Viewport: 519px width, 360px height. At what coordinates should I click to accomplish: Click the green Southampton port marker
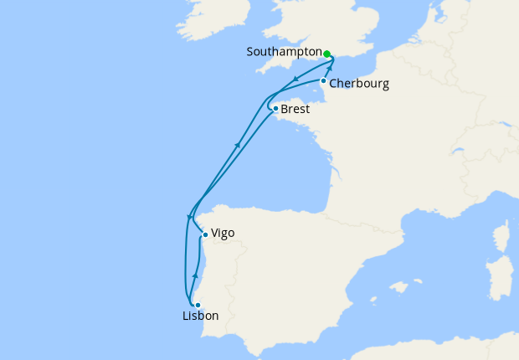[x=327, y=53]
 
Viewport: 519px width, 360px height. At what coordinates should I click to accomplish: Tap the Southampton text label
[x=284, y=52]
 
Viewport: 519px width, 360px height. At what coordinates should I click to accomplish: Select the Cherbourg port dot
[x=323, y=80]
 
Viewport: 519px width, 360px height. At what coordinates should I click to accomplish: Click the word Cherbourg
[x=359, y=84]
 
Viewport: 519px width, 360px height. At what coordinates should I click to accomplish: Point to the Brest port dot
[x=275, y=108]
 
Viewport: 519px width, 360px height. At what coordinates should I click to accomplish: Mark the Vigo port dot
[x=205, y=235]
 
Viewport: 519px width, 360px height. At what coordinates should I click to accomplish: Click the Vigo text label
[x=224, y=234]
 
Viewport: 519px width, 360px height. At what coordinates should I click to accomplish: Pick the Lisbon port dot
[x=198, y=305]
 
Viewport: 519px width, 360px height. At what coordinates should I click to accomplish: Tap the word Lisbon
[x=200, y=316]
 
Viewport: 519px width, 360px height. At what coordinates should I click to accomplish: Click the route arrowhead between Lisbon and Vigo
[x=195, y=275]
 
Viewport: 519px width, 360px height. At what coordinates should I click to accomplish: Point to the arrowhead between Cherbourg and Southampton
[x=329, y=69]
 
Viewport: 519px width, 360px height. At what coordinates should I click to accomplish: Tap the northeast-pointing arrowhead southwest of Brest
[x=238, y=146]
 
